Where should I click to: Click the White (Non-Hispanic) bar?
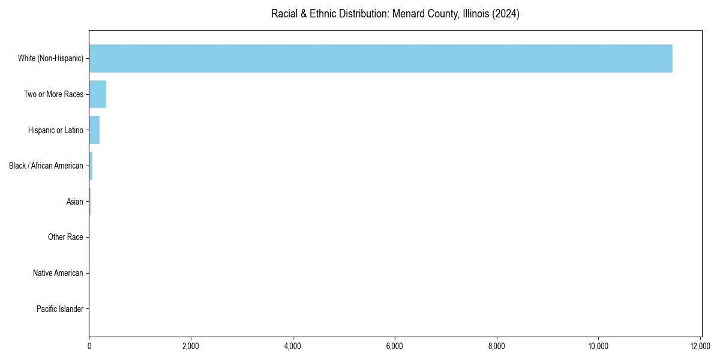pos(380,58)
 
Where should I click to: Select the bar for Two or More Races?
pos(97,94)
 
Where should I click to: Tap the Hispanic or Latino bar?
pos(94,130)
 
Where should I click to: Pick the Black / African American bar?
pos(91,166)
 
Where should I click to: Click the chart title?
pos(395,14)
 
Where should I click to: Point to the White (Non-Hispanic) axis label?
pos(50,58)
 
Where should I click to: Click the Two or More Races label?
pos(53,94)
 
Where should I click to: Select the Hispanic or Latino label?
pos(55,130)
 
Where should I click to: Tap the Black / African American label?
pos(46,166)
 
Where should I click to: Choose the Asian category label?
pos(74,202)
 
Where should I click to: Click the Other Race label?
pos(65,238)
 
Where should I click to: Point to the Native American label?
pos(58,274)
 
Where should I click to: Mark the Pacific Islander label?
pos(59,310)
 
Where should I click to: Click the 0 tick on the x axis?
pos(89,346)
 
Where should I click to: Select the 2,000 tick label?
pos(191,346)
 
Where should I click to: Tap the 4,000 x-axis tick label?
pos(293,346)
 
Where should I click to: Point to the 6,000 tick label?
pos(395,346)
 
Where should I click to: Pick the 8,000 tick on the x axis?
pos(497,346)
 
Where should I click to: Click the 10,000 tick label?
pos(599,346)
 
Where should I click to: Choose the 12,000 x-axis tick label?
pos(700,346)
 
